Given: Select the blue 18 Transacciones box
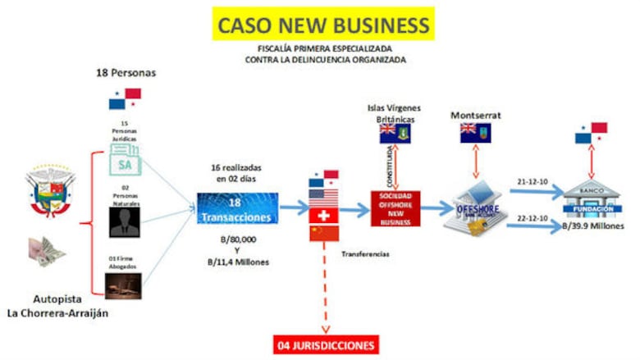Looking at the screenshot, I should pos(237,210).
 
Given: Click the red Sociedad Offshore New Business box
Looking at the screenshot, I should pos(395,210).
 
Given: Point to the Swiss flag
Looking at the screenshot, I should pos(323,215).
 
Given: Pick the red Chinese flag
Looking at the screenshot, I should pos(323,234).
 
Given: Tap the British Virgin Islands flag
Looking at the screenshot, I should pos(395,134).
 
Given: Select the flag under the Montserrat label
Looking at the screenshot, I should pos(474,133).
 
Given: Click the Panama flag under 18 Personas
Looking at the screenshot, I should pos(125,98).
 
